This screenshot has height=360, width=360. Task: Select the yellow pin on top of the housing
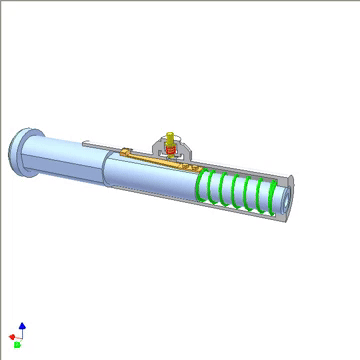tap(169, 136)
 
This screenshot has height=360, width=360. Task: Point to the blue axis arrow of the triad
tap(23, 327)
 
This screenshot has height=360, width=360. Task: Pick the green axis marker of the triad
tap(17, 345)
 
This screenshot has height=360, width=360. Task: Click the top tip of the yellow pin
tap(169, 131)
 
